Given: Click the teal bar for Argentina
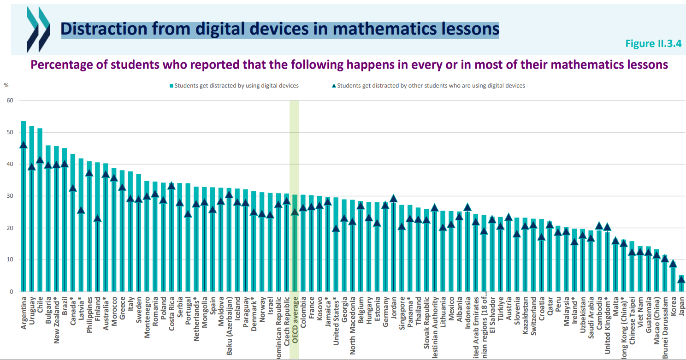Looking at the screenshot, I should pos(23,207).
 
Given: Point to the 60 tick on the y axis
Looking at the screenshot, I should pos(10,100).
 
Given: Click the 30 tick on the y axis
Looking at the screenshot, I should pos(10,196).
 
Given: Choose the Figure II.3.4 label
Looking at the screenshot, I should pos(653,43).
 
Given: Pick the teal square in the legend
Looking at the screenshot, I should pos(171,86).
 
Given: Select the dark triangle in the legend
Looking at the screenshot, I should pos(334,85).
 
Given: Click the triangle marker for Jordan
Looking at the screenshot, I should pos(393,198).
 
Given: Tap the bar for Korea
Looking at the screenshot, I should pos(673,277).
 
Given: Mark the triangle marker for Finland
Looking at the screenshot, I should pos(97,218).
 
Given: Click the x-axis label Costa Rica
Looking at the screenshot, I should pos(171,318).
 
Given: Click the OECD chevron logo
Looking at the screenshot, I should pos(38,29).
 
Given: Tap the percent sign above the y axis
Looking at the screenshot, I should pos(6,85).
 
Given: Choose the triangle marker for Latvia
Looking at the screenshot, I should pos(81,210).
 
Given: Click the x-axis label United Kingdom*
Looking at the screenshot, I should pos(607,328).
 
